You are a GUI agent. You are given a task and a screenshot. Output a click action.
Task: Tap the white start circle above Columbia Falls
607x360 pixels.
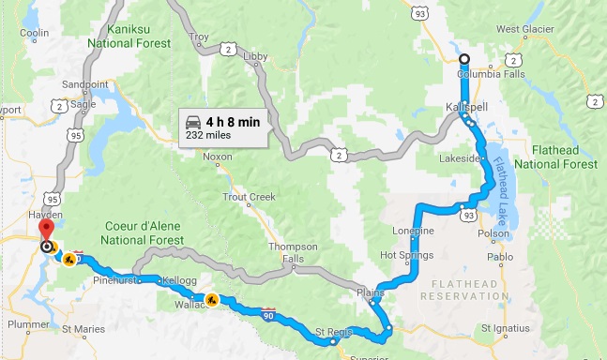(x=464, y=59)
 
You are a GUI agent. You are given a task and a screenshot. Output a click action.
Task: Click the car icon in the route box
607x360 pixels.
(x=192, y=122)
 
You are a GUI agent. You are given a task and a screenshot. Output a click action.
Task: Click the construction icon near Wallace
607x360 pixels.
(x=213, y=301)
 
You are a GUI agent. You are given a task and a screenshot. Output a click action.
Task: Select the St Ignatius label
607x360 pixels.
(x=506, y=328)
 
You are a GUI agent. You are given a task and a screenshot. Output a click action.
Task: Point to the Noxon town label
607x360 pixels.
(x=217, y=157)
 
